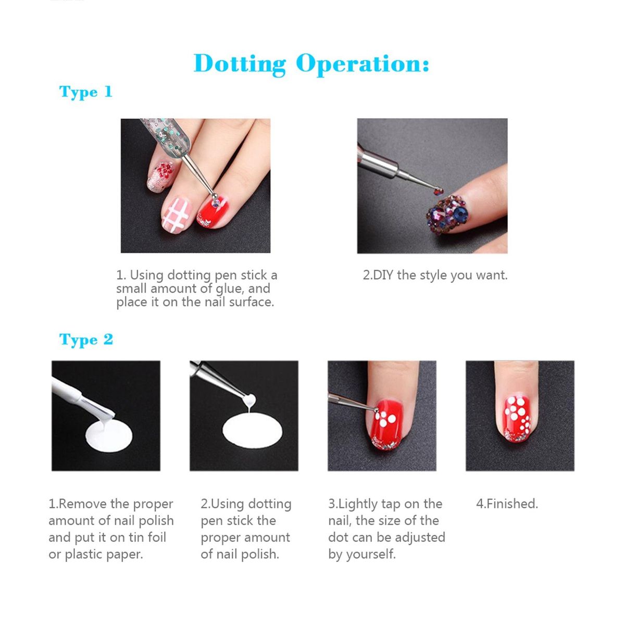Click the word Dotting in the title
click(x=240, y=65)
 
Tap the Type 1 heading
click(x=85, y=92)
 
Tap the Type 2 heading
click(x=86, y=340)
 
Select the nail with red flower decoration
click(x=161, y=176)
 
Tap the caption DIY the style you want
click(x=435, y=276)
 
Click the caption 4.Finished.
click(x=507, y=504)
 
